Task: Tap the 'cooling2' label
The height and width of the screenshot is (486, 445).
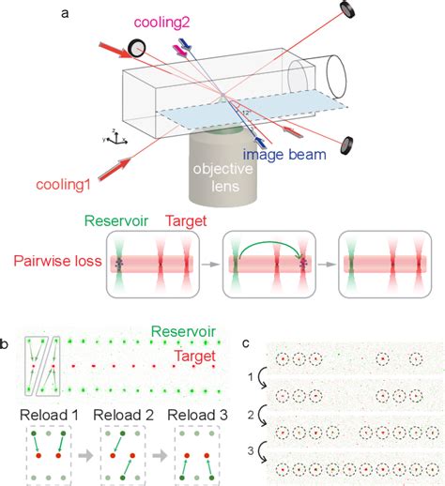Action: [x=163, y=22]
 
